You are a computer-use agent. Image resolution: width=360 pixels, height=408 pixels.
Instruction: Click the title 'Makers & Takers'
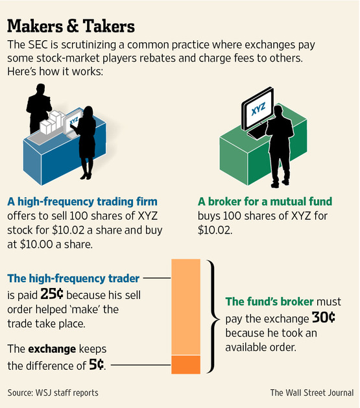pos(71,26)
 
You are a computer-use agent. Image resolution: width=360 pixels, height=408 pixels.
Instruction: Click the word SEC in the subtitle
pos(38,45)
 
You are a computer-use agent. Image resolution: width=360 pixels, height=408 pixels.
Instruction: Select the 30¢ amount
pos(323,317)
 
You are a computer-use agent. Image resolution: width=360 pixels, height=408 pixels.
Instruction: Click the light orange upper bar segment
pos(186,307)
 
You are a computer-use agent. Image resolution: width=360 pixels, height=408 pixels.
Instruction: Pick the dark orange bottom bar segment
pos(186,365)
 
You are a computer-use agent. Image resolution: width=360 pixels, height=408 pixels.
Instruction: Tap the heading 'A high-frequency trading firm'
pos(82,202)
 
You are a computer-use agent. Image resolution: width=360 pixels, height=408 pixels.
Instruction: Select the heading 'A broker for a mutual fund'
pos(265,202)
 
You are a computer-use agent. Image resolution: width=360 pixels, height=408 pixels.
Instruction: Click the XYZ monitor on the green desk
pos(258,109)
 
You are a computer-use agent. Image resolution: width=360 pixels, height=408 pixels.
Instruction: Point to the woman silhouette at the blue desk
pos(85,143)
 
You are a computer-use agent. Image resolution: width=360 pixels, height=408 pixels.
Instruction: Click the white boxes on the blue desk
pos(52,123)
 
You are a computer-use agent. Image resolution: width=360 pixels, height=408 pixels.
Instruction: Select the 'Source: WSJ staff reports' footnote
pos(53,392)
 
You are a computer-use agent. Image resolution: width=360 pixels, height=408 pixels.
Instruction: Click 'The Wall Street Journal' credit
pos(312,392)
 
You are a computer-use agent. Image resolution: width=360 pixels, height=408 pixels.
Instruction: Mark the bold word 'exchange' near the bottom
pos(52,349)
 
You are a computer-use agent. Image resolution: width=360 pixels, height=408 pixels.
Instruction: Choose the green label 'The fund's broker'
pos(269,302)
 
